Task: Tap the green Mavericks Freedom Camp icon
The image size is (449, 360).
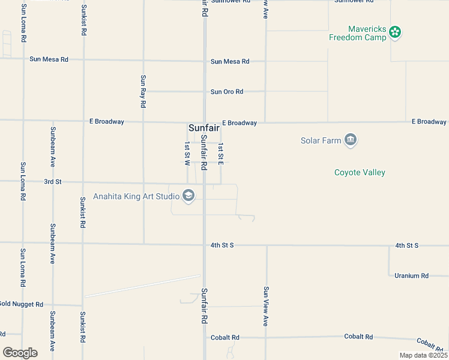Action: [x=394, y=32]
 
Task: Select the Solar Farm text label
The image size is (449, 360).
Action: [x=321, y=141]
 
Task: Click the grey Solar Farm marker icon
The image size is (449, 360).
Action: [x=351, y=140]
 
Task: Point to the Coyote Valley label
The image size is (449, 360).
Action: [x=360, y=173]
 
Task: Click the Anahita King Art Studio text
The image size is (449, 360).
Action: [x=136, y=196]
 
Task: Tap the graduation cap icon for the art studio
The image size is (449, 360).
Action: [x=188, y=196]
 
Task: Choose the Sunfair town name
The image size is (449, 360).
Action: [x=204, y=128]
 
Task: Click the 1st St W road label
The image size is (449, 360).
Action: [x=187, y=154]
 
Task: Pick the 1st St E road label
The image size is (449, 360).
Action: [x=221, y=154]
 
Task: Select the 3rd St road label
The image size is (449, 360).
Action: [x=53, y=181]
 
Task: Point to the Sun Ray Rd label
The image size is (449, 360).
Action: [x=143, y=91]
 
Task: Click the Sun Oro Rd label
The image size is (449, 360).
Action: [x=227, y=92]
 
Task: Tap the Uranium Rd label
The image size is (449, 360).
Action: [x=411, y=276]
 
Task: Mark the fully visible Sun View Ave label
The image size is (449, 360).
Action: [x=265, y=306]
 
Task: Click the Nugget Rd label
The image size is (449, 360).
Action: [x=22, y=304]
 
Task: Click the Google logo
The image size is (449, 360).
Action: [x=20, y=353]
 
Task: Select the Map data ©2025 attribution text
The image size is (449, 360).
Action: [x=423, y=355]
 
